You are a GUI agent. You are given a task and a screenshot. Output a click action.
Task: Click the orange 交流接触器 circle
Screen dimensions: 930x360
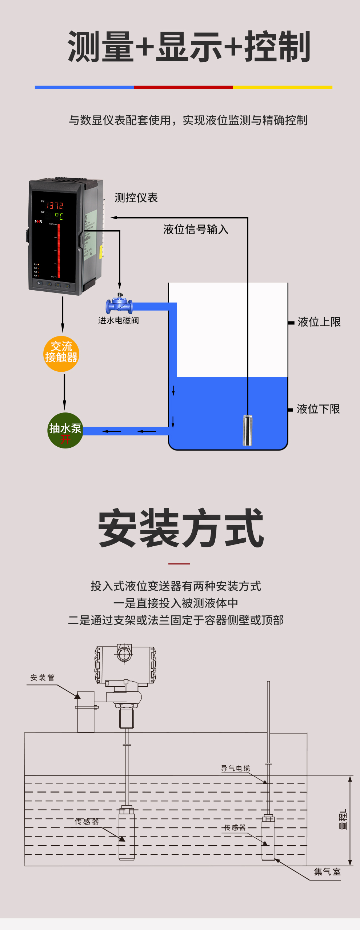(61, 354)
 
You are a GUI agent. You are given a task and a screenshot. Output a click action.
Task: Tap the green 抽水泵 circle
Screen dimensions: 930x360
(65, 431)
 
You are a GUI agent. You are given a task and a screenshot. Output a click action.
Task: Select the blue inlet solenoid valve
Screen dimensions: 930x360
(119, 305)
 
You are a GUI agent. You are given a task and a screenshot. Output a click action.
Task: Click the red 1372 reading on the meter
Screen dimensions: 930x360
(55, 205)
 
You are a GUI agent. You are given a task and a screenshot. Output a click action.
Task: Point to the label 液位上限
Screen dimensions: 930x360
(319, 322)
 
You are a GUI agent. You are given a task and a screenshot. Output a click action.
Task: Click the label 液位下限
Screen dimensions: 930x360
(318, 409)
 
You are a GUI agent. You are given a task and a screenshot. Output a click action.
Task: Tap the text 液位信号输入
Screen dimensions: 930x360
(196, 229)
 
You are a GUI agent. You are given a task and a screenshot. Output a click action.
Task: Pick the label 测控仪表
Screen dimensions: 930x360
(136, 198)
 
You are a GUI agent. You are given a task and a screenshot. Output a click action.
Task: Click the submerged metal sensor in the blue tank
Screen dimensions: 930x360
(247, 430)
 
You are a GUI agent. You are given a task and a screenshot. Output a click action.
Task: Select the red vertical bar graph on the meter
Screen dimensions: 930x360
(59, 251)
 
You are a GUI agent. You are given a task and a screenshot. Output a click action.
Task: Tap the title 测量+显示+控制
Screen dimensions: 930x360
(189, 47)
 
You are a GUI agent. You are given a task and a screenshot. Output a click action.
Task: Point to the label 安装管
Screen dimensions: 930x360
(43, 678)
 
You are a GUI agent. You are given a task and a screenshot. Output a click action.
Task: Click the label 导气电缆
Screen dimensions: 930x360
(235, 769)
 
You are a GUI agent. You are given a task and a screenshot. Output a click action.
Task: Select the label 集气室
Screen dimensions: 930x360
(327, 872)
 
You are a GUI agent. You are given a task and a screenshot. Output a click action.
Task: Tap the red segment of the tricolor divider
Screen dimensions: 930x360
(183, 87)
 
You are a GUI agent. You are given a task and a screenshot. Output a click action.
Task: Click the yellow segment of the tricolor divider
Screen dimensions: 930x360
(283, 87)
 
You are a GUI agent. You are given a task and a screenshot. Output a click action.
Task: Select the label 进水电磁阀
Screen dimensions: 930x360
(119, 320)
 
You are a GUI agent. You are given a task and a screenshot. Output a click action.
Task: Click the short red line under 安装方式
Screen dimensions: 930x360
(179, 564)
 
